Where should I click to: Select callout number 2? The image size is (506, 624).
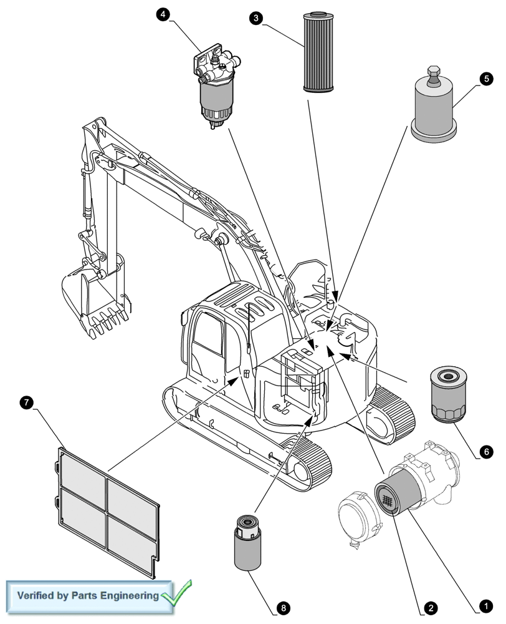point(428,606)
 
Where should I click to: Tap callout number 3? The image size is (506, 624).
point(254,18)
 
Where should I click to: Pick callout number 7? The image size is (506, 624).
point(26,402)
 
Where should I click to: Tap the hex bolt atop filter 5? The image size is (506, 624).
point(434,71)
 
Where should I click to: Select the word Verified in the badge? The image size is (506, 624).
point(38,595)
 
